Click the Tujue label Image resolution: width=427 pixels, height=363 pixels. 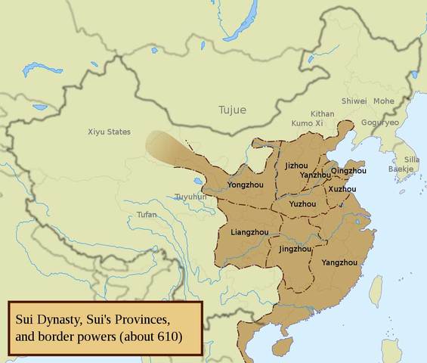(232, 110)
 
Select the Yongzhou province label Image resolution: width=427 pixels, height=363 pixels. (246, 184)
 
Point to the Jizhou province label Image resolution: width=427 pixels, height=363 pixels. (296, 165)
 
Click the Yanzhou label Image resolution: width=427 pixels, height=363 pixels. (315, 175)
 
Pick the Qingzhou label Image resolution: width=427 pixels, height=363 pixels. (348, 171)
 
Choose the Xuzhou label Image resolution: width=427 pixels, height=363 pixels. (342, 188)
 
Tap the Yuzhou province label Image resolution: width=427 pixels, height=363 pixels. (302, 203)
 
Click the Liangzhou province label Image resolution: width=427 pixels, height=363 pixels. (250, 232)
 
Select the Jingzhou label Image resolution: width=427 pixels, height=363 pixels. (295, 248)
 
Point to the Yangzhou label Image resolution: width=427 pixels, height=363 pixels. (339, 262)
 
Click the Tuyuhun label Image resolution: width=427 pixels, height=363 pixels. (190, 197)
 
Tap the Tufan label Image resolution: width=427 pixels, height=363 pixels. (147, 215)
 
